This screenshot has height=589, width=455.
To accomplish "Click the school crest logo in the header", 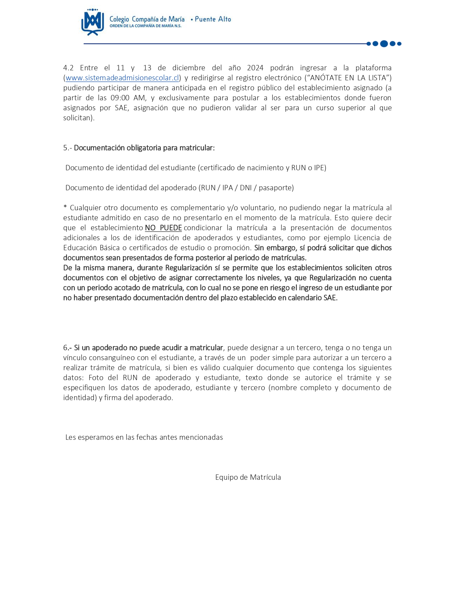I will pos(92,22).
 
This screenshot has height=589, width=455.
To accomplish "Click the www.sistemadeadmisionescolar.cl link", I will pos(122,78).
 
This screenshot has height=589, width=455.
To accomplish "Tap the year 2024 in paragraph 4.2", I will pos(255,68).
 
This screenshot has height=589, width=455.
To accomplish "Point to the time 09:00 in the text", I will pos(120,98).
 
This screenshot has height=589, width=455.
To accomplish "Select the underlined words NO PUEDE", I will pos(163,228).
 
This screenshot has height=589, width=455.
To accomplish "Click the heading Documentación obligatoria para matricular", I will pos(144,148).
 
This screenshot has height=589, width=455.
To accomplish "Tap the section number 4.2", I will pos(68,68).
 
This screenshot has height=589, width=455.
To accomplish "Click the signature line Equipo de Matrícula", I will pos(248,477).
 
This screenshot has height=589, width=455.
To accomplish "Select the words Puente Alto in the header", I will pos(213,19).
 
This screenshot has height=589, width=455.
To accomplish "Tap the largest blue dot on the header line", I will pos(384,44).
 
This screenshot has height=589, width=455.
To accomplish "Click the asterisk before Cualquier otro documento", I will pos(65,207).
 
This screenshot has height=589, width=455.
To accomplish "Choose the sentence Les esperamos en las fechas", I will pos(144,437).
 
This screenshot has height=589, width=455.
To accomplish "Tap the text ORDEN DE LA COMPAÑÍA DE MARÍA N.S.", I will pos(145,26).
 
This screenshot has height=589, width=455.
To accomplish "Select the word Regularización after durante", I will pos(188,268).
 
